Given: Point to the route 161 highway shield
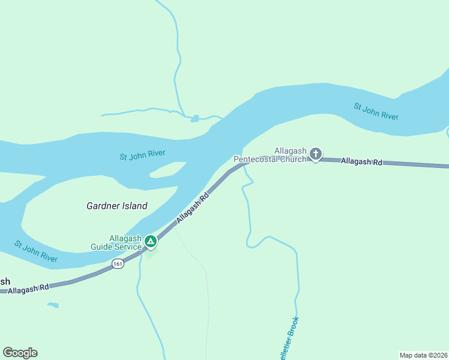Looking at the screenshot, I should (x=118, y=263).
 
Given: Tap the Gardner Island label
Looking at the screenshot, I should (x=117, y=206).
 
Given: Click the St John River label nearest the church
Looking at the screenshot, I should (x=376, y=112).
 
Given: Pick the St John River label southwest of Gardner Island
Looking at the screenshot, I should (x=36, y=251).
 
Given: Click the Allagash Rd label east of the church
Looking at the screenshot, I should (x=361, y=161).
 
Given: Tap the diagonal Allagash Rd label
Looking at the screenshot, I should (x=193, y=208).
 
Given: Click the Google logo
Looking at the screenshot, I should (x=20, y=353).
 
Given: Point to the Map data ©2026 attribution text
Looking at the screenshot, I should (x=423, y=355).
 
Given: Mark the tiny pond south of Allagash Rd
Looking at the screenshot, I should (x=53, y=305).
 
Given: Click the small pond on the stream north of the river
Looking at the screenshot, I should (x=194, y=119).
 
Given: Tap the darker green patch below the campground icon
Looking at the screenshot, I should (x=151, y=254).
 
